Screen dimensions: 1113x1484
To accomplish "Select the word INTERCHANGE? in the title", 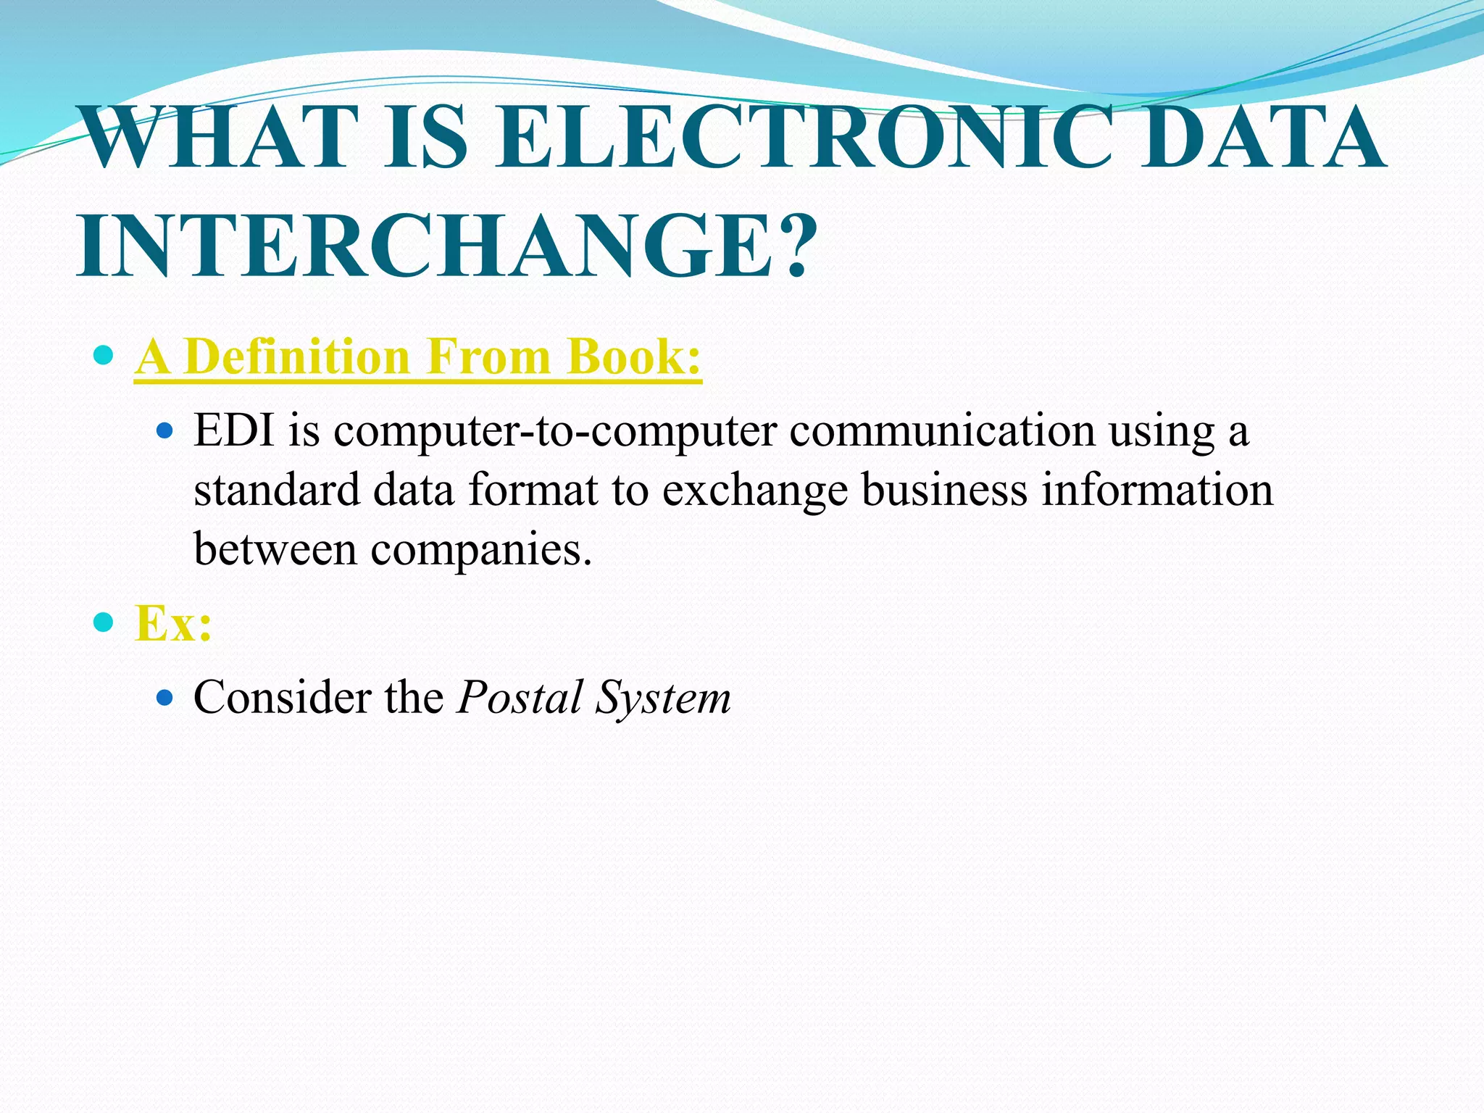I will click(448, 246).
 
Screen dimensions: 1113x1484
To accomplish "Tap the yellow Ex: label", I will click(173, 622).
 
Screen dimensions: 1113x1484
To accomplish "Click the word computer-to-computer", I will click(555, 432).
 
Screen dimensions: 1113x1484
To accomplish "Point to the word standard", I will click(277, 490).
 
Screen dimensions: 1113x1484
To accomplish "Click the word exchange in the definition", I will click(754, 491).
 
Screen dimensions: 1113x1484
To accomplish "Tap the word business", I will click(944, 490).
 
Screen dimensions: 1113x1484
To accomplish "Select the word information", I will click(1157, 490).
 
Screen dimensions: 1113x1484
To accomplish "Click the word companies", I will click(481, 551).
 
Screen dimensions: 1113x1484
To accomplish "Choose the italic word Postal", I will click(520, 698).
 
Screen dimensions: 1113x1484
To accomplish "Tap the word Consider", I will click(283, 698).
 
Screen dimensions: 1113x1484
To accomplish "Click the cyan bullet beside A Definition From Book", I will click(104, 355).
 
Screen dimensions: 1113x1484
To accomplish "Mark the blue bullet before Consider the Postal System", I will click(165, 698).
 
